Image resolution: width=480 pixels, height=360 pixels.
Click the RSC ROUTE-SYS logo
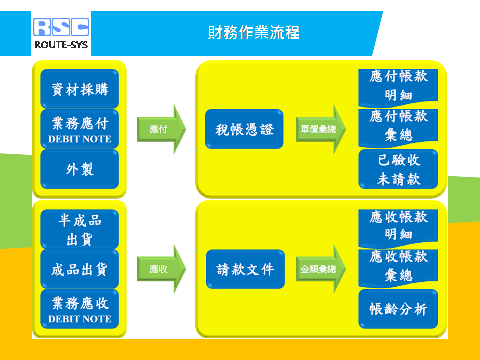coord(61,33)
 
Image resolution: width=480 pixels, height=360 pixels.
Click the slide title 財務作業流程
coord(254,32)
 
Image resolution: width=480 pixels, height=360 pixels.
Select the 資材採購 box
coord(80,89)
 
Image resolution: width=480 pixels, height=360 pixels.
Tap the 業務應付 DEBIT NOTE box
coord(80,129)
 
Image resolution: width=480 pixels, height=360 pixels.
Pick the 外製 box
coord(80,169)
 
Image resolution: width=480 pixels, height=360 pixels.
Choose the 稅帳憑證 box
coord(244,129)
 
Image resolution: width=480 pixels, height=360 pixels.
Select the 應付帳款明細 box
coord(398,86)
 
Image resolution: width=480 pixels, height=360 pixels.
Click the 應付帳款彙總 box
coord(398,126)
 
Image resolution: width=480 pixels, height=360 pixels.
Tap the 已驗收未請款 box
coord(398,169)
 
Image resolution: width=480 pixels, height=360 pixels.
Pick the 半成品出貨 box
coord(80,229)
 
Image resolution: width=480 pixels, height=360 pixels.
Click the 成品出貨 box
coord(80,269)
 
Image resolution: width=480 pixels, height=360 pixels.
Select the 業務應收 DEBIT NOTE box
coord(80,309)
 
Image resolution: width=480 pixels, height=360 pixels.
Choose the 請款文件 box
coord(245,269)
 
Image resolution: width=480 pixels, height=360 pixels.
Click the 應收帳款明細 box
coord(398,226)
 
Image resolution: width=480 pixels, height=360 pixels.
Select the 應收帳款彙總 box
coord(398,266)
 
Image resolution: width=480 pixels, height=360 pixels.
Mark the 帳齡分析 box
coord(398,309)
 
